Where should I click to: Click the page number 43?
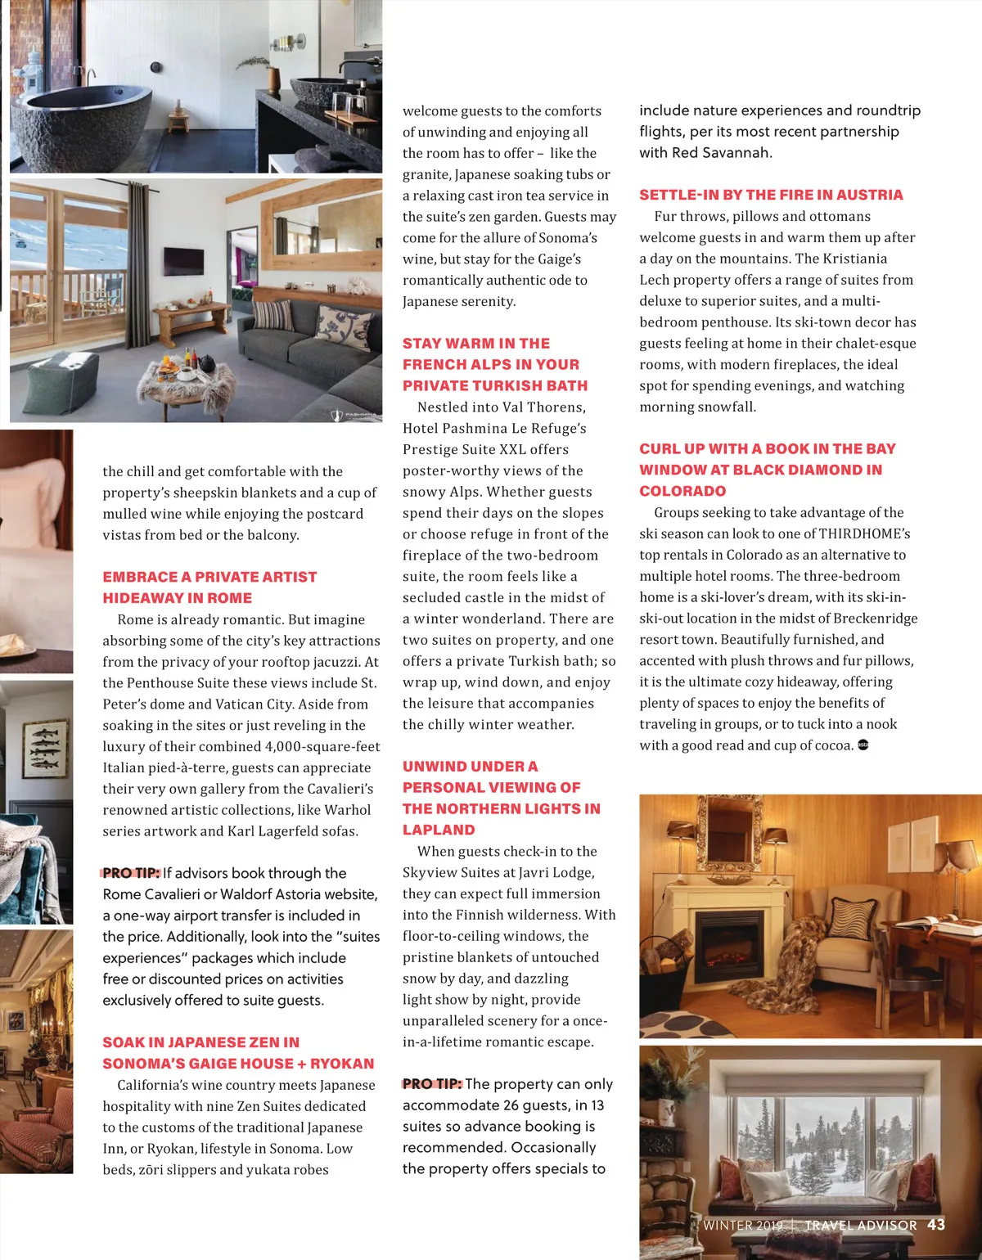[936, 1225]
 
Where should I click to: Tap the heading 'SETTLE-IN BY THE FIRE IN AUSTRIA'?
[771, 195]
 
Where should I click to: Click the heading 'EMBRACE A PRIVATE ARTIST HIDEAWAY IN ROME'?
[209, 587]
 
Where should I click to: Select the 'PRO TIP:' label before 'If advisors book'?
[131, 873]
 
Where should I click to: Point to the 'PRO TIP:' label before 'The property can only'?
[432, 1084]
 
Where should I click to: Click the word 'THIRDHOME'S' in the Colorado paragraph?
[865, 533]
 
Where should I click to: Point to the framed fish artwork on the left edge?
[45, 748]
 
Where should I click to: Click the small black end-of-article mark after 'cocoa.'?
[863, 745]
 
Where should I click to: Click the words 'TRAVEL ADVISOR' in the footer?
[861, 1226]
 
